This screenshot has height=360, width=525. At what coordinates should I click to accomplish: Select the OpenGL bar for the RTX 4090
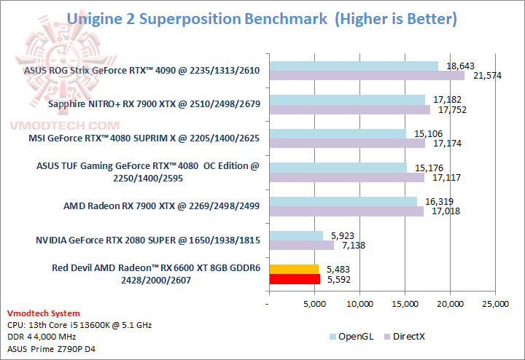tap(353, 66)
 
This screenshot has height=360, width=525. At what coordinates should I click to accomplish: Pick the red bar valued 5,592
tap(294, 278)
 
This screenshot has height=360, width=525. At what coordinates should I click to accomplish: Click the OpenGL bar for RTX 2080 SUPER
tap(295, 235)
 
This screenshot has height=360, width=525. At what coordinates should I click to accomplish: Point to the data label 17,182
tap(440, 98)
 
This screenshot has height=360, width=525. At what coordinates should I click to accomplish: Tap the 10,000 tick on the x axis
tap(359, 303)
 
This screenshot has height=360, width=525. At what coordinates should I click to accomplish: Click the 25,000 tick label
tap(496, 303)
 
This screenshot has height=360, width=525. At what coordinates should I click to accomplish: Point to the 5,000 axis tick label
tap(314, 303)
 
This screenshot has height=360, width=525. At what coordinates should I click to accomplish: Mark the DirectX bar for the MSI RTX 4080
tap(346, 144)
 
